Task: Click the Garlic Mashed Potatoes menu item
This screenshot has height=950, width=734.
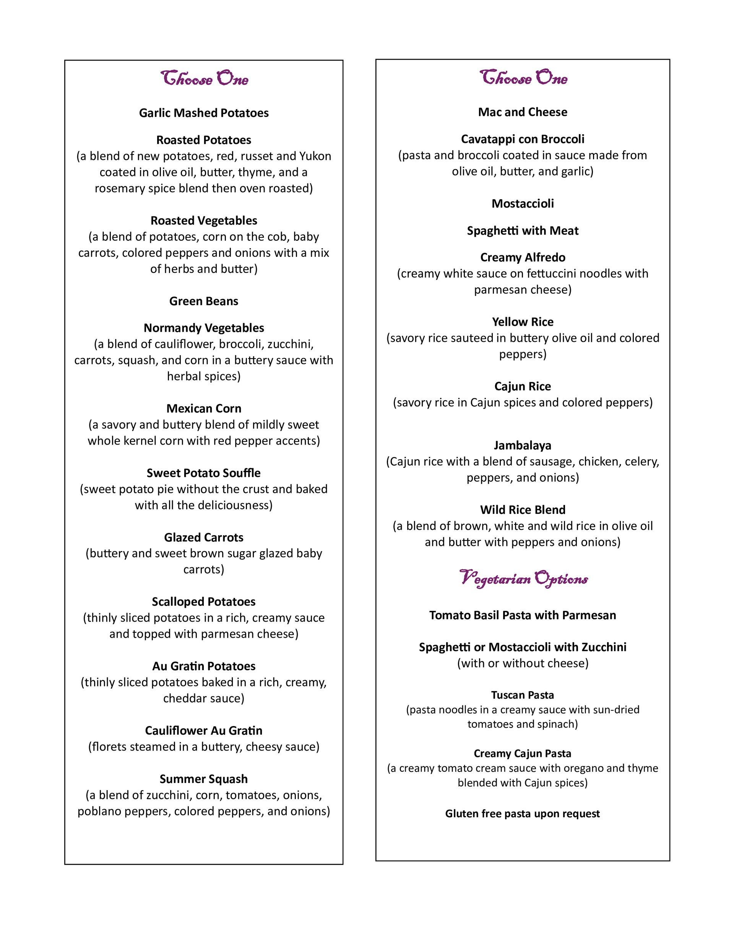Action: click(x=204, y=113)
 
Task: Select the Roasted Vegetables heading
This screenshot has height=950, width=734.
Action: click(x=204, y=221)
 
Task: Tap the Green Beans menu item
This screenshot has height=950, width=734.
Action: click(x=204, y=301)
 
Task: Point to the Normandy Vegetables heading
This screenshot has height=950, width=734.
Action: click(x=204, y=328)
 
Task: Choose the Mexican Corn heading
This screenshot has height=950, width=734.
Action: click(x=204, y=408)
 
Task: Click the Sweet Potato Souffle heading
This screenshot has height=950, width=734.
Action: click(x=204, y=473)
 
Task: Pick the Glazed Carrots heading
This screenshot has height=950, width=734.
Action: click(x=204, y=537)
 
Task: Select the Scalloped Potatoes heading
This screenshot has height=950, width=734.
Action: click(x=204, y=602)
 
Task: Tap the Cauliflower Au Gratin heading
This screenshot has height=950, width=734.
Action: click(x=204, y=730)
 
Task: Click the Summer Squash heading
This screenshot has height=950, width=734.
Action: click(x=204, y=779)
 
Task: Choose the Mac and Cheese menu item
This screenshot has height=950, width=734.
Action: click(x=523, y=112)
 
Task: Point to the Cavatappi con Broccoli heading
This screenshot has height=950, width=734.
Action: click(x=523, y=139)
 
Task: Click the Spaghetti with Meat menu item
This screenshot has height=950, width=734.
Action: click(x=523, y=231)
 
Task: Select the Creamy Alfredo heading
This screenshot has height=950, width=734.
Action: click(x=523, y=258)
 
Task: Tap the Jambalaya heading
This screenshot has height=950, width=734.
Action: click(x=523, y=445)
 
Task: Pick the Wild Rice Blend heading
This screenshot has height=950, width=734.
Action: click(x=523, y=510)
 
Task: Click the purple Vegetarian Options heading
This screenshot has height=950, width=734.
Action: click(x=523, y=579)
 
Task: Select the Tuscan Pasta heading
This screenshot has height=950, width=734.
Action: click(x=523, y=695)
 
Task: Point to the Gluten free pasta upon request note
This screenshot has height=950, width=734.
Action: click(x=523, y=814)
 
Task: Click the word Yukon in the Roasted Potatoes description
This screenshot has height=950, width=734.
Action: click(x=315, y=156)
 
